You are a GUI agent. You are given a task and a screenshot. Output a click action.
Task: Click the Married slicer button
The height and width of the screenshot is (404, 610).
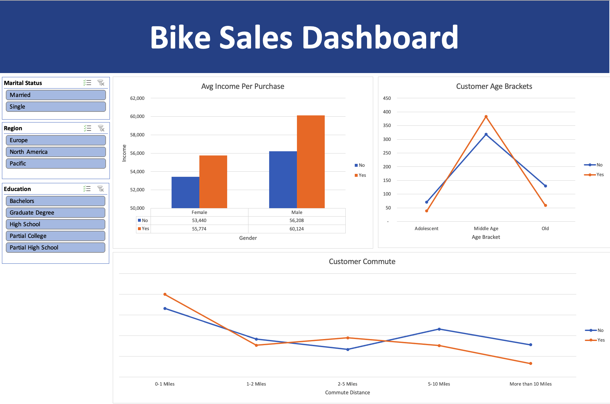[56, 95]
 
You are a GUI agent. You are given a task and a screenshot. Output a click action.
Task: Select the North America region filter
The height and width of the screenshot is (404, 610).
[56, 152]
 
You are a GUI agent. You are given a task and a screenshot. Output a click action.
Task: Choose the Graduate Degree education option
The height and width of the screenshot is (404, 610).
[55, 213]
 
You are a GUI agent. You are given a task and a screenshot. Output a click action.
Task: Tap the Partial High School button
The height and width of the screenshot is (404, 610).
[55, 248]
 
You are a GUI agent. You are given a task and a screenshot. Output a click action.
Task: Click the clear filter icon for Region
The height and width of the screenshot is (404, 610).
[101, 128]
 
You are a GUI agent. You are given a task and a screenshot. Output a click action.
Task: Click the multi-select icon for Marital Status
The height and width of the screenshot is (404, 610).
[87, 83]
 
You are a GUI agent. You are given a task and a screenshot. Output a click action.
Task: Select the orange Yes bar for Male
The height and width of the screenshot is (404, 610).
[310, 162]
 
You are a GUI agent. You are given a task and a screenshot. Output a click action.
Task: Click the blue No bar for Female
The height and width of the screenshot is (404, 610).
[185, 192]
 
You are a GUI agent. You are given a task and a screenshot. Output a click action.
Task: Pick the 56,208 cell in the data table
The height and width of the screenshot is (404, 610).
[297, 220]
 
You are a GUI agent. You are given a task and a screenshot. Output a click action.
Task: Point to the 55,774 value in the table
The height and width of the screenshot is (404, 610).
[199, 229]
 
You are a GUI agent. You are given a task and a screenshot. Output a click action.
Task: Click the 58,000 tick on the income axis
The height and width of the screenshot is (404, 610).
[137, 135]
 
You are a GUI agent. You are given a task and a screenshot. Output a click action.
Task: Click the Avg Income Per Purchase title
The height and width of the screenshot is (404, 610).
[243, 86]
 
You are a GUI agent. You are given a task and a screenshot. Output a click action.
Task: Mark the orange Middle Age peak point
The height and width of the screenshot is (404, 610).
[486, 117]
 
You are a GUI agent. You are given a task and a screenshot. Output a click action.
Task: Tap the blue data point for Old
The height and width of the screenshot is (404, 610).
[545, 186]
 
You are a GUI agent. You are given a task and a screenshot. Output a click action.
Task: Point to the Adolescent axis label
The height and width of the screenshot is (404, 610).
[426, 229]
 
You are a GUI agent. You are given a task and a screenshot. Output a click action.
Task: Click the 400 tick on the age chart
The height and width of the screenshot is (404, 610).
[387, 112]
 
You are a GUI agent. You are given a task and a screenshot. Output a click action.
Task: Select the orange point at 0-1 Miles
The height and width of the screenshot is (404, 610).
[165, 294]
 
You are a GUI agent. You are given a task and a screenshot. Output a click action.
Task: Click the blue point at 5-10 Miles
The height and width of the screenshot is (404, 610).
[439, 329]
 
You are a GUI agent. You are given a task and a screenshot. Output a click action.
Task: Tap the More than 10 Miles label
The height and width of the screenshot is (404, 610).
[531, 384]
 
